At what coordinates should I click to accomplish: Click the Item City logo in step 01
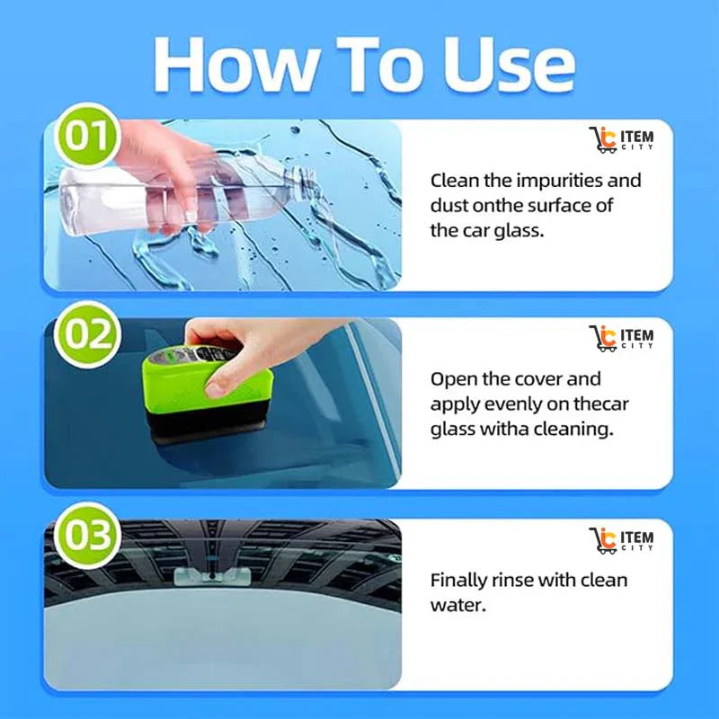pos(621,140)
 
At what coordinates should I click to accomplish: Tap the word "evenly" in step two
pos(513,404)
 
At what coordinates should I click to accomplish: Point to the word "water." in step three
pos(458,605)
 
